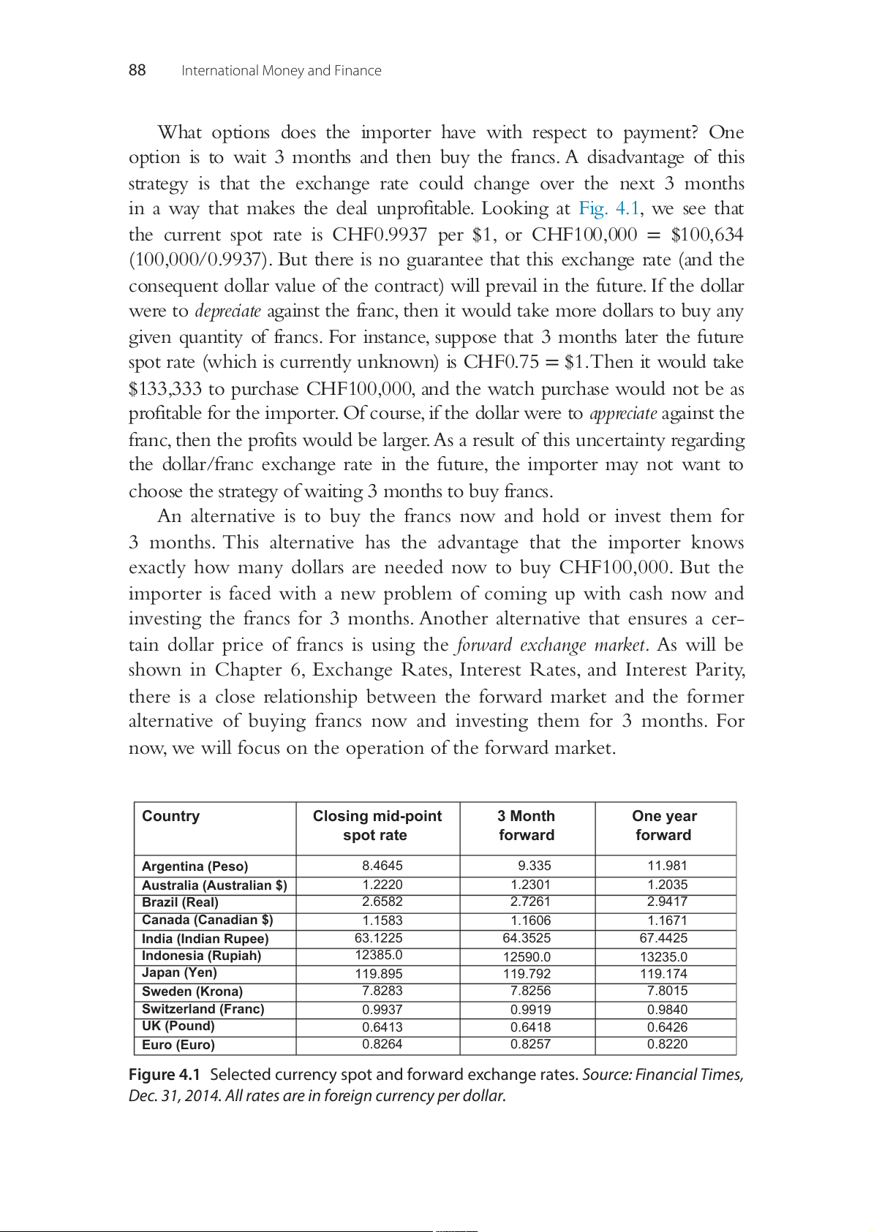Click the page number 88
[137, 70]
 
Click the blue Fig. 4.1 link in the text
[609, 209]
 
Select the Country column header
[170, 817]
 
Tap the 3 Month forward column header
[527, 825]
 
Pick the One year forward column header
[664, 825]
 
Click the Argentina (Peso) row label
[195, 866]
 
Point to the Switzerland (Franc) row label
[203, 1009]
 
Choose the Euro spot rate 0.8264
[382, 1044]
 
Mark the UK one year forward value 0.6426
[667, 1027]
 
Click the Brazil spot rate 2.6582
[382, 902]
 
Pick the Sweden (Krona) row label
[192, 991]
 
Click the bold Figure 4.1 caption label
[164, 1075]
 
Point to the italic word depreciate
[227, 311]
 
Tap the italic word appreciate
[623, 414]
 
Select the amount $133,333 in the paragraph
[165, 389]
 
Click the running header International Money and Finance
[281, 71]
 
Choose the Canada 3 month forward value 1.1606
[530, 921]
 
